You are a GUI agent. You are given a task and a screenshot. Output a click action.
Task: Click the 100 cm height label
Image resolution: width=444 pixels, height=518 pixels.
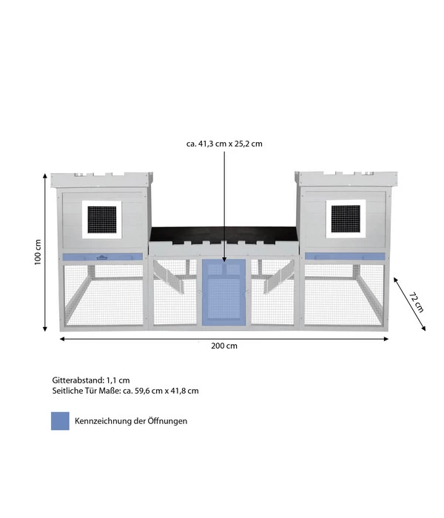[x=38, y=252]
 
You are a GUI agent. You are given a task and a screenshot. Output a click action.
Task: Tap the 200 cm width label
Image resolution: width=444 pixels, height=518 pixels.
[x=224, y=346]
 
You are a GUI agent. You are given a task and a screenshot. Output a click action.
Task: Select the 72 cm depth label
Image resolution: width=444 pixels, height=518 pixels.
[x=416, y=302]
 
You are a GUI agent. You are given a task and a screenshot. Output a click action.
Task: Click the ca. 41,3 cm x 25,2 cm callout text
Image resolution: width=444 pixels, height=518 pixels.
[x=224, y=144]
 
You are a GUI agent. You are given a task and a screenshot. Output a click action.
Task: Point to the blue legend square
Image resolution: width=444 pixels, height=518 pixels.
[x=60, y=421]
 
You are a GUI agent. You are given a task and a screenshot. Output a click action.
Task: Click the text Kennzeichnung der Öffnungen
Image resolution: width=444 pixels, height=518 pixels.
[x=131, y=421]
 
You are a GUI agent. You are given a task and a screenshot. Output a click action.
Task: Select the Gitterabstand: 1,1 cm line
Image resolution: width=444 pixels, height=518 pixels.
[x=91, y=380]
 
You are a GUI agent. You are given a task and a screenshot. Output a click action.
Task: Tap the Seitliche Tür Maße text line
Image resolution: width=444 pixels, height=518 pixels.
[x=125, y=391]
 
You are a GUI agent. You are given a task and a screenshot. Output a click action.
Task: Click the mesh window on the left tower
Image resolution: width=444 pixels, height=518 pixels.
[x=102, y=220]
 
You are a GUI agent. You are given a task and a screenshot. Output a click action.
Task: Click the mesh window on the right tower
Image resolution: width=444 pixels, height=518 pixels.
[x=346, y=219]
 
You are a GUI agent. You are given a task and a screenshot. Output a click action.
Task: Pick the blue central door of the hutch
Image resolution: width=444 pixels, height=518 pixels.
[x=224, y=292]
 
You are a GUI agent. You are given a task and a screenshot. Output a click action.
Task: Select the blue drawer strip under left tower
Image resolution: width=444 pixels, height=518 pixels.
[x=102, y=257]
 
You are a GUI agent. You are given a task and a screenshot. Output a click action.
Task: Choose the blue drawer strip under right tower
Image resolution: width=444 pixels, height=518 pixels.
[x=345, y=256]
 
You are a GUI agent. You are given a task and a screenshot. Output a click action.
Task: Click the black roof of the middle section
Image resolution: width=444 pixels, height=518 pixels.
[x=224, y=235]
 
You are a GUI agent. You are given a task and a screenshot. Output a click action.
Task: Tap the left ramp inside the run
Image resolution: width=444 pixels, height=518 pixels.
[x=169, y=275]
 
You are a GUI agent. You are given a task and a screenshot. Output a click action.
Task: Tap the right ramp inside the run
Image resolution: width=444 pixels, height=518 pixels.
[x=278, y=275]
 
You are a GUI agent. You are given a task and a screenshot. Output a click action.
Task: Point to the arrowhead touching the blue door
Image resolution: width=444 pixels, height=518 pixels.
[x=224, y=259]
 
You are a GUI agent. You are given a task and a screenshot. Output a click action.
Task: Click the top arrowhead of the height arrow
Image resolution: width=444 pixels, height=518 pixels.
[x=45, y=176]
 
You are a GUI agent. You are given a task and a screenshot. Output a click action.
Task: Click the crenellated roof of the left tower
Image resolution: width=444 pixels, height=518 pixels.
[x=102, y=179]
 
